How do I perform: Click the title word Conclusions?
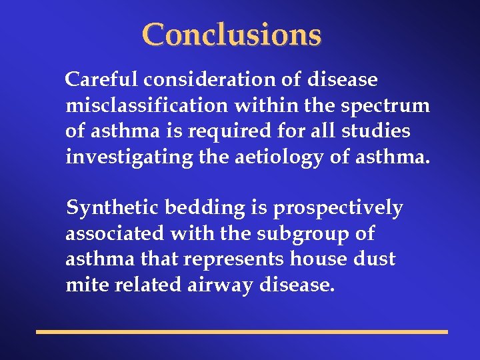[x=231, y=35]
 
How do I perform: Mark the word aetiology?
[x=260, y=157]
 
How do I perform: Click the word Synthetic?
[x=113, y=209]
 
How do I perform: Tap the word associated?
[x=114, y=234]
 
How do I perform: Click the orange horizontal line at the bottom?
[x=241, y=331]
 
